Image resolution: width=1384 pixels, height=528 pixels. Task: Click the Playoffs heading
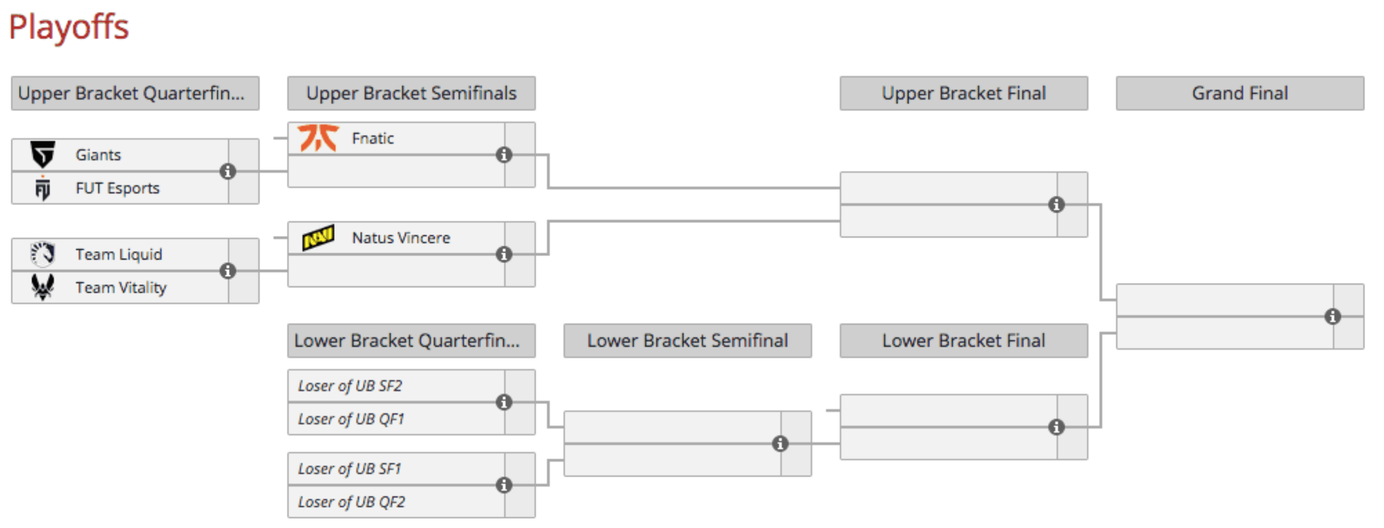coord(69,27)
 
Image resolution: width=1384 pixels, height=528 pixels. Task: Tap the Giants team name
coord(98,155)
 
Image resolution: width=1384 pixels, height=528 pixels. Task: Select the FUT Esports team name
coord(118,188)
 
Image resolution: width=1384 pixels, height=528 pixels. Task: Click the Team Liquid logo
coord(43,254)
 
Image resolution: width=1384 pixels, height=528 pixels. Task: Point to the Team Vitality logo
coord(43,287)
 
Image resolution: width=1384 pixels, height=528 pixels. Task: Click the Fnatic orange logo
coord(319,138)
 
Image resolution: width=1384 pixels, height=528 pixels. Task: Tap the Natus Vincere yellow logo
coord(319,238)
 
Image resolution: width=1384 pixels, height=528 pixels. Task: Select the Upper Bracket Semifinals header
coord(412,93)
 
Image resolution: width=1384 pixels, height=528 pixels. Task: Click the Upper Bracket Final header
coord(964,93)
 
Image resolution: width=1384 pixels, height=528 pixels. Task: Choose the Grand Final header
coord(1240,93)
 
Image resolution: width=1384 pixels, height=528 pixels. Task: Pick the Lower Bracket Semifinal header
coord(688,340)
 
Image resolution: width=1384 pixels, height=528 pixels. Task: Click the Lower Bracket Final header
coord(964,340)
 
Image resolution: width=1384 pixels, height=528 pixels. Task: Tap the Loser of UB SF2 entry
coord(350,385)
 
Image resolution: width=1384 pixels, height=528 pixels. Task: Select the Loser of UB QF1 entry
coord(351,419)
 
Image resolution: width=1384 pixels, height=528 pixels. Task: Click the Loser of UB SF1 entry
coord(350,469)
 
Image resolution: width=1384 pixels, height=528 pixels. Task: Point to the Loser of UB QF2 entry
coord(352,502)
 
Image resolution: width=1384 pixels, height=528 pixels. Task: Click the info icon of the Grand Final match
coord(1332,317)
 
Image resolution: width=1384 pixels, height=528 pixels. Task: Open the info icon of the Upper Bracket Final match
coord(1056,205)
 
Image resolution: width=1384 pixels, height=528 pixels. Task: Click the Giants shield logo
coord(43,154)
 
